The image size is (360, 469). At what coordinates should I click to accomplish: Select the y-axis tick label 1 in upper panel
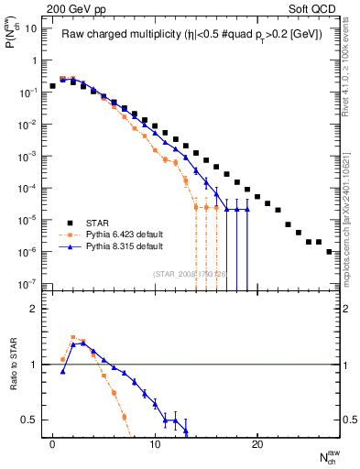coord(34,60)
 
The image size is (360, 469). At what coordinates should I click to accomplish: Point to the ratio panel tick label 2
coord(34,309)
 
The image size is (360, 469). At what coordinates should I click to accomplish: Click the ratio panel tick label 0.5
coord(30,420)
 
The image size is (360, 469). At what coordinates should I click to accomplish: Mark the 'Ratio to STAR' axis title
coord(13,365)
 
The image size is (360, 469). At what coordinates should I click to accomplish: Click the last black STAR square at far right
coord(329,251)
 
